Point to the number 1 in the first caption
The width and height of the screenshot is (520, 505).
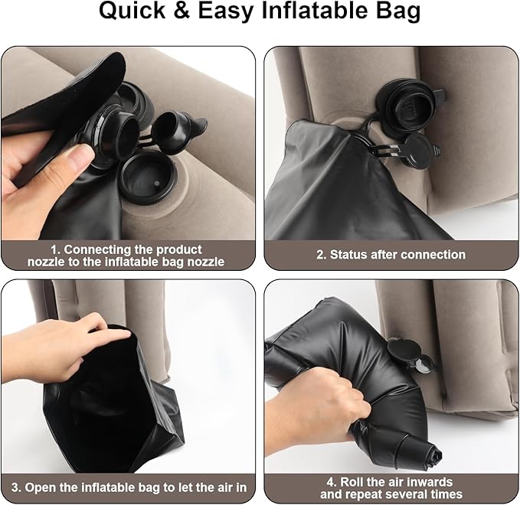[54, 249]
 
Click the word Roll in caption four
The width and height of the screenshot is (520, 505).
[352, 481]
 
